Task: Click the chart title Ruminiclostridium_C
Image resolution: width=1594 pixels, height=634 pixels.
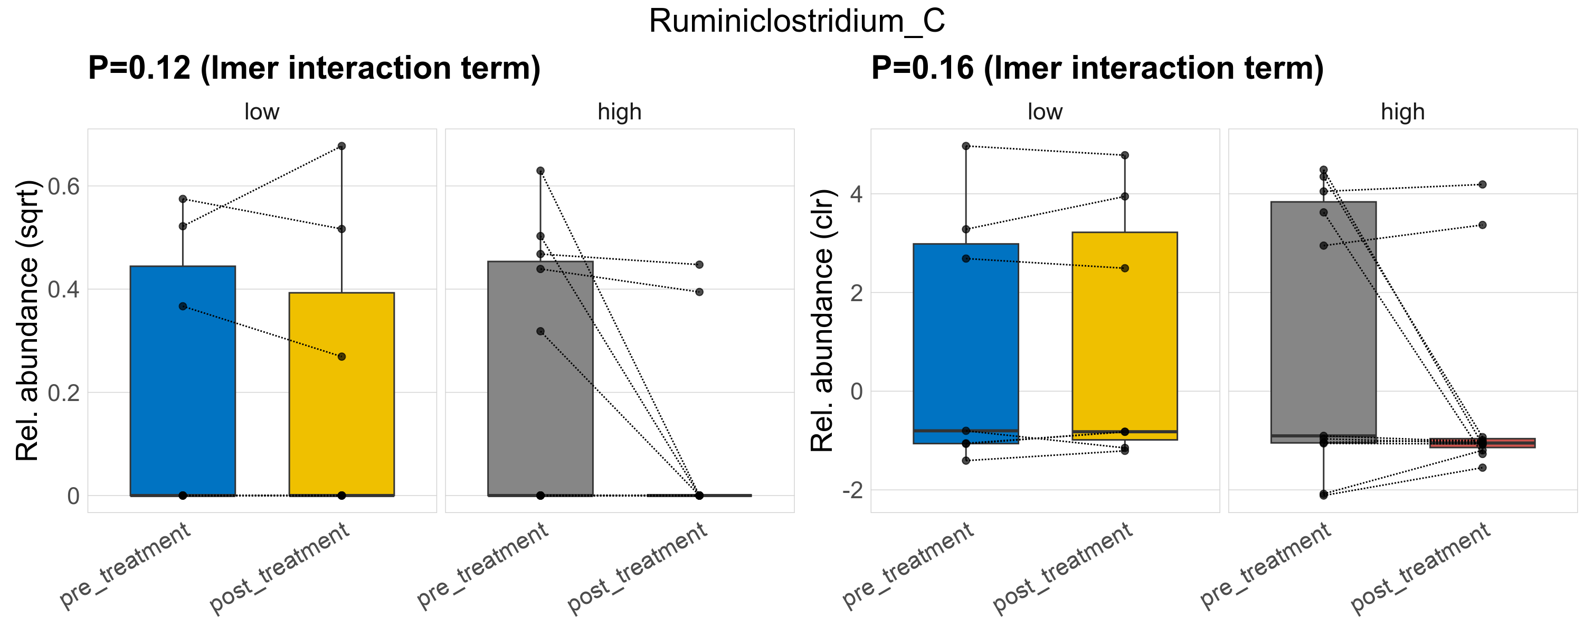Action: [x=796, y=22]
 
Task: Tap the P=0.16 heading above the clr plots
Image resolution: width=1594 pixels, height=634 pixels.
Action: [x=1097, y=68]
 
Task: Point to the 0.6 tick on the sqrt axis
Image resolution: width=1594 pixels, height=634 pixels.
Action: [x=64, y=187]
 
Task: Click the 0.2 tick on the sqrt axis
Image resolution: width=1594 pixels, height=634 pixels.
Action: [x=64, y=393]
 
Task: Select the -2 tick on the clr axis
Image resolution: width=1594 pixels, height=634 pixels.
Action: [x=851, y=490]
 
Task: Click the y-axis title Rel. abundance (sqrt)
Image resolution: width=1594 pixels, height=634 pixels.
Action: [x=27, y=320]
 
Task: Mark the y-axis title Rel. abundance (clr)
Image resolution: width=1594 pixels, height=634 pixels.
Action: [x=822, y=320]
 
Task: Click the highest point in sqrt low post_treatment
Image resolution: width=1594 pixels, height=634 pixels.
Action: [x=341, y=146]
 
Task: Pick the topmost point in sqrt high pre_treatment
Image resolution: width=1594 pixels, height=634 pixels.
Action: [x=540, y=171]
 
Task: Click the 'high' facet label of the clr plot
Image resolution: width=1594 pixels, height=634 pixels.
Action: [x=1402, y=112]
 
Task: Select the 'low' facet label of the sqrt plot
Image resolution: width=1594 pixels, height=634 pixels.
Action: [x=262, y=112]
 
